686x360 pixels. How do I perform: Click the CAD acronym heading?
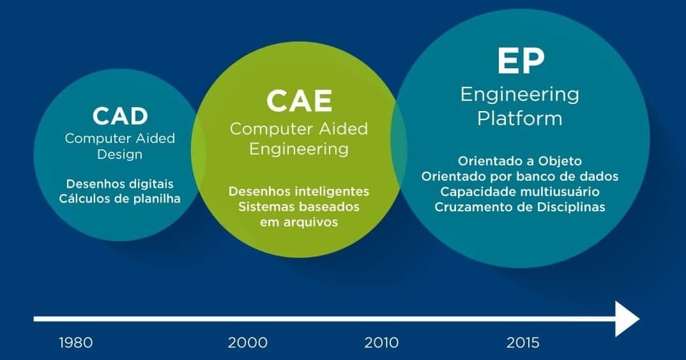(120, 116)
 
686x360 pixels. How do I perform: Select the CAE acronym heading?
(300, 101)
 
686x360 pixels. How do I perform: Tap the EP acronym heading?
(521, 61)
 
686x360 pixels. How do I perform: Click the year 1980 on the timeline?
(75, 343)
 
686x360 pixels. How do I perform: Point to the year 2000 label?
(248, 343)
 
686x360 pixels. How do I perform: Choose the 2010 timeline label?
(381, 343)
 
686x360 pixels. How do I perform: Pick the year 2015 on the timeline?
(523, 343)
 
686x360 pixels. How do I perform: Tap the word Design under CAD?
(119, 155)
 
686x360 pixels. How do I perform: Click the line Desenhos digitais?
(120, 184)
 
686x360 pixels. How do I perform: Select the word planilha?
(156, 199)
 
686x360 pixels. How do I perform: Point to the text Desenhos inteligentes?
(299, 191)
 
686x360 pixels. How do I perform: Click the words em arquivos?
(299, 222)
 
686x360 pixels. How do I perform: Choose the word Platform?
(520, 119)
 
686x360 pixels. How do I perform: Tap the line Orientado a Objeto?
(520, 161)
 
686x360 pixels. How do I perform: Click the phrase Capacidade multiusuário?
(520, 191)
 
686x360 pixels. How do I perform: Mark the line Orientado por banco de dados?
(520, 176)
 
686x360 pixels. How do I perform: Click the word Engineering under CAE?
(299, 149)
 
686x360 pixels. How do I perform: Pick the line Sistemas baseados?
(299, 206)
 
